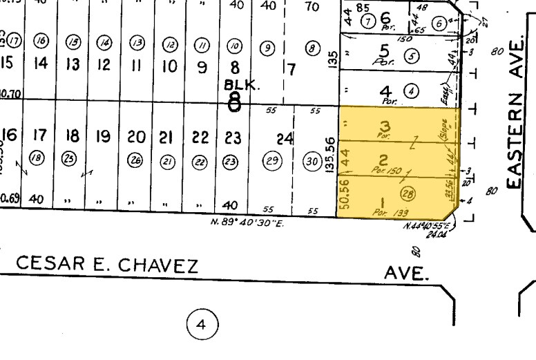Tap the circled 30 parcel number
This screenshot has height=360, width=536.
[x=312, y=161]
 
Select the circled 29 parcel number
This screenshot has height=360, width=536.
[x=272, y=161]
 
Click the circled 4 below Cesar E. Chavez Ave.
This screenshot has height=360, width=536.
[x=202, y=323]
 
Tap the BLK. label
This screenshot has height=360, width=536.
[x=240, y=84]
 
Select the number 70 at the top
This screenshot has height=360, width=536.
[x=312, y=7]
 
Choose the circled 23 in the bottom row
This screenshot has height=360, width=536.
[x=230, y=161]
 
